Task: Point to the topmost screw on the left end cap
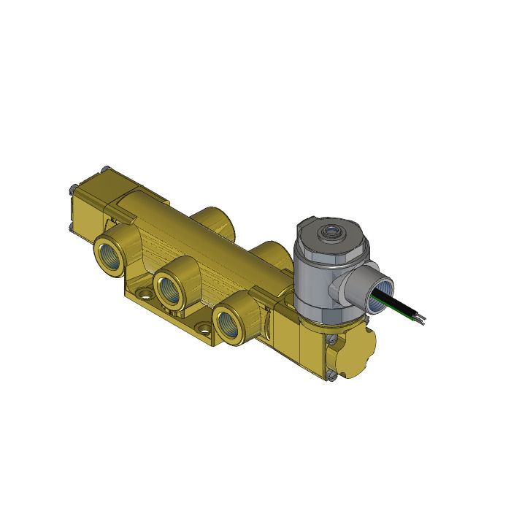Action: (106, 169)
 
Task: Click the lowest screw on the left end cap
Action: (70, 232)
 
